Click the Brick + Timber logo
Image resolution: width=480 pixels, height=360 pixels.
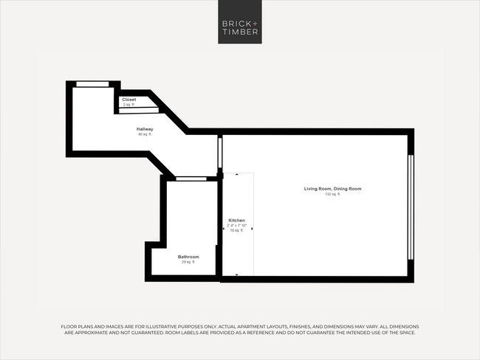pos(239,23)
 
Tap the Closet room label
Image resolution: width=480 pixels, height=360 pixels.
pos(129,99)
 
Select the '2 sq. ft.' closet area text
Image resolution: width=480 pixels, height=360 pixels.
pos(129,105)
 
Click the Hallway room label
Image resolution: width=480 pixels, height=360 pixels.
pos(145,129)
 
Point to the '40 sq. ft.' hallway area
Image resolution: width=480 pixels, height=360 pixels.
pos(145,135)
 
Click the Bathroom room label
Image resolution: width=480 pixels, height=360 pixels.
pos(188,257)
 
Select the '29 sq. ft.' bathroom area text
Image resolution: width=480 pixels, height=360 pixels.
pos(188,263)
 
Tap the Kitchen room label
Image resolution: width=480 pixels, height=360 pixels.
pos(236,221)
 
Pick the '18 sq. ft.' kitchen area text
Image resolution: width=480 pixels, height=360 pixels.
pos(236,231)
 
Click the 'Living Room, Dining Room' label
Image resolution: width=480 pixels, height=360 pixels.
pos(333,189)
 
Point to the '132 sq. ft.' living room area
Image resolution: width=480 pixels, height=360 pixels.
pos(333,195)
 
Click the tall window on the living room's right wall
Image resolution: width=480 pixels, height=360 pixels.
pos(411,207)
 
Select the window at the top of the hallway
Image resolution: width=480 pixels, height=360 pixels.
pos(92,84)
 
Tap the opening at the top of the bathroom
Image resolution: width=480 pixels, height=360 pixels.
pos(191,178)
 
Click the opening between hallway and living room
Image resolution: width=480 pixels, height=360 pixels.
pos(219,151)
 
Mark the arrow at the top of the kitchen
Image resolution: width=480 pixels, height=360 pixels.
pos(236,175)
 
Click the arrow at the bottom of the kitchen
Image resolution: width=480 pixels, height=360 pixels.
pos(236,274)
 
